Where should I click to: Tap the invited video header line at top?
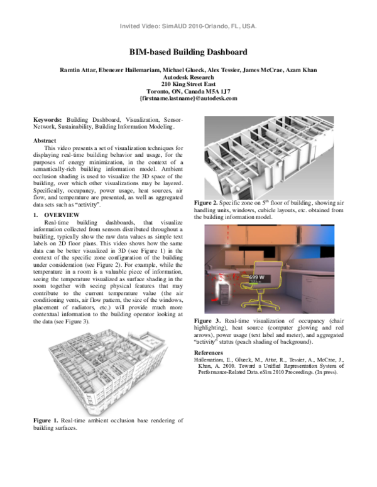188,27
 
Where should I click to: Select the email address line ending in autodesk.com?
188,99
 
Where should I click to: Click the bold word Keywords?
48,119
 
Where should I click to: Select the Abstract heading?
45,141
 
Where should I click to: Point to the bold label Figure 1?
46,420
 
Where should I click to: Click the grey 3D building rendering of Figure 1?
107,370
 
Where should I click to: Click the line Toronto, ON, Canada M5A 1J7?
188,90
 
